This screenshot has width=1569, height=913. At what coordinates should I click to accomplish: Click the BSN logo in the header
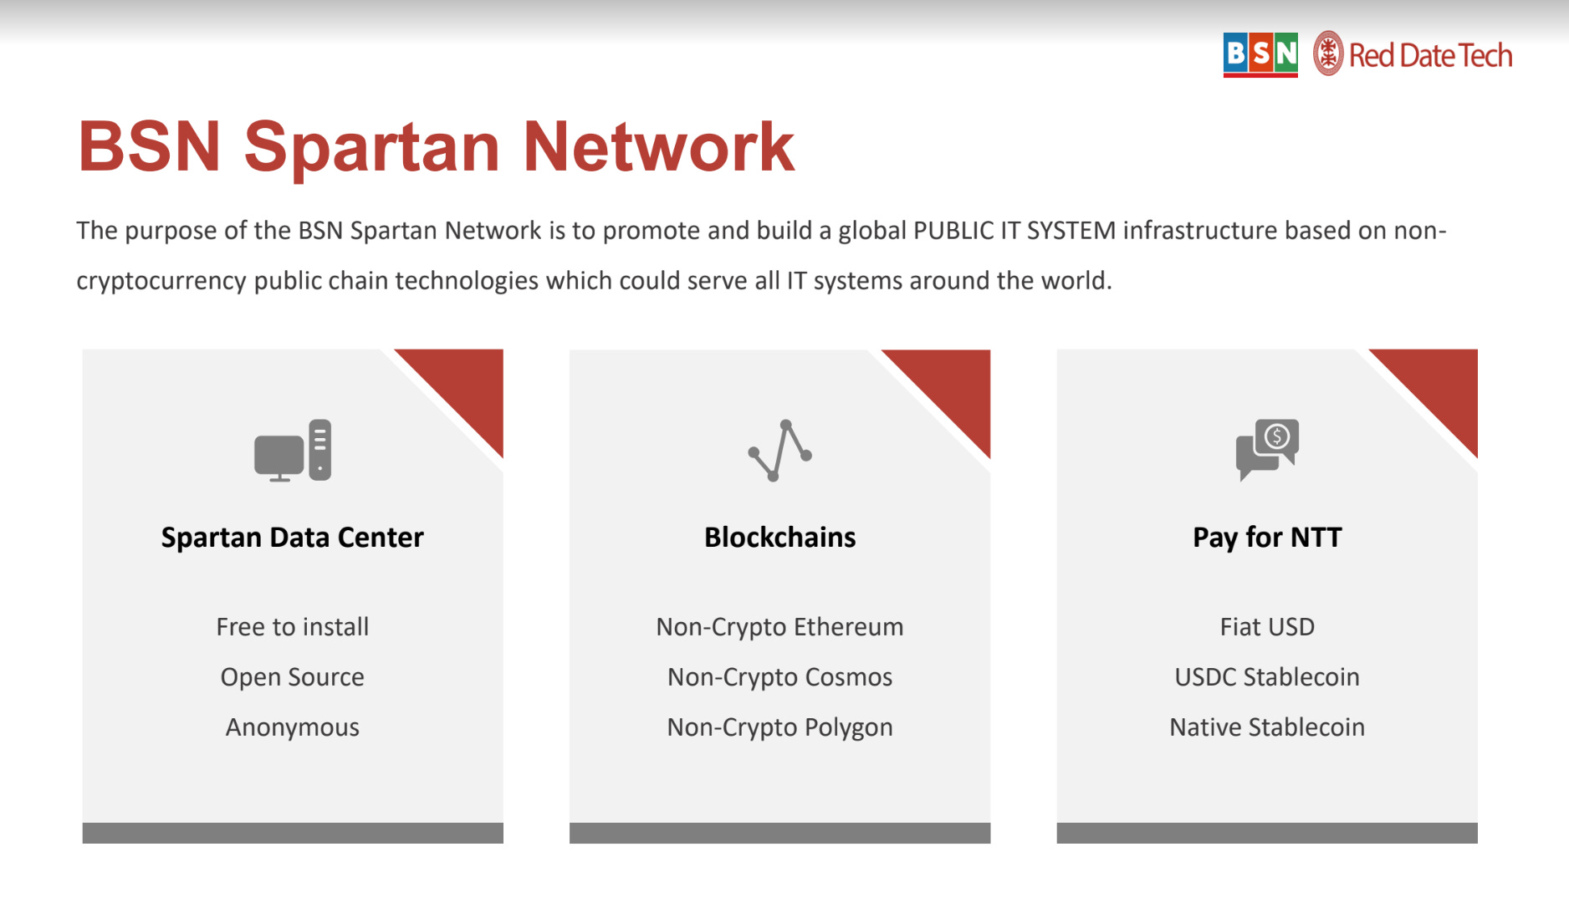click(1260, 55)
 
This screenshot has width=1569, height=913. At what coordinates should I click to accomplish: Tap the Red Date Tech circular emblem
click(1327, 54)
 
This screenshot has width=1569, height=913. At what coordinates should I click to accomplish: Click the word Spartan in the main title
click(371, 148)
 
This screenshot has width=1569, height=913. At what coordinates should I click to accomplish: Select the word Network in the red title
click(658, 148)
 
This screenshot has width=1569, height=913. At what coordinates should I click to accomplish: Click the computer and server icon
click(293, 451)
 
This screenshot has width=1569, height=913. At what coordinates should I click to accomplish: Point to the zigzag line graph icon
click(779, 451)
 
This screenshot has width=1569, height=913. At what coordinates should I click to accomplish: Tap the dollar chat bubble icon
click(1267, 449)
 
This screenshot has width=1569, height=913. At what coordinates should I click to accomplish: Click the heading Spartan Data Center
click(293, 537)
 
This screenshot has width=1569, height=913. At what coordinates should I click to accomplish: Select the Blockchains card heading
click(779, 537)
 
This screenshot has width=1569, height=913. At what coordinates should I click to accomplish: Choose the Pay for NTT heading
click(1267, 537)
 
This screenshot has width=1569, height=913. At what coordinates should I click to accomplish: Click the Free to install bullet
click(293, 627)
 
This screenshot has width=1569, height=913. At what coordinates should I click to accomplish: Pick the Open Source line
click(293, 677)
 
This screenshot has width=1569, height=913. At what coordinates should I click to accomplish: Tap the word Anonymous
click(293, 727)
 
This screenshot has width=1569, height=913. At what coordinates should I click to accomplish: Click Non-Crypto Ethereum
click(779, 627)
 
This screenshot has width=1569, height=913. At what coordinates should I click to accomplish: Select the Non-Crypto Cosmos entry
click(779, 677)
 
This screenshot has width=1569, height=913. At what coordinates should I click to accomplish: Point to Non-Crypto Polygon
click(779, 727)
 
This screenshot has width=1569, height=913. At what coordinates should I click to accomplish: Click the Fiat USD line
click(1267, 627)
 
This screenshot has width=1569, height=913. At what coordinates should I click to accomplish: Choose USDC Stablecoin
click(1267, 677)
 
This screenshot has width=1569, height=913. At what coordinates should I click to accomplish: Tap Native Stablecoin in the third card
click(1267, 727)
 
